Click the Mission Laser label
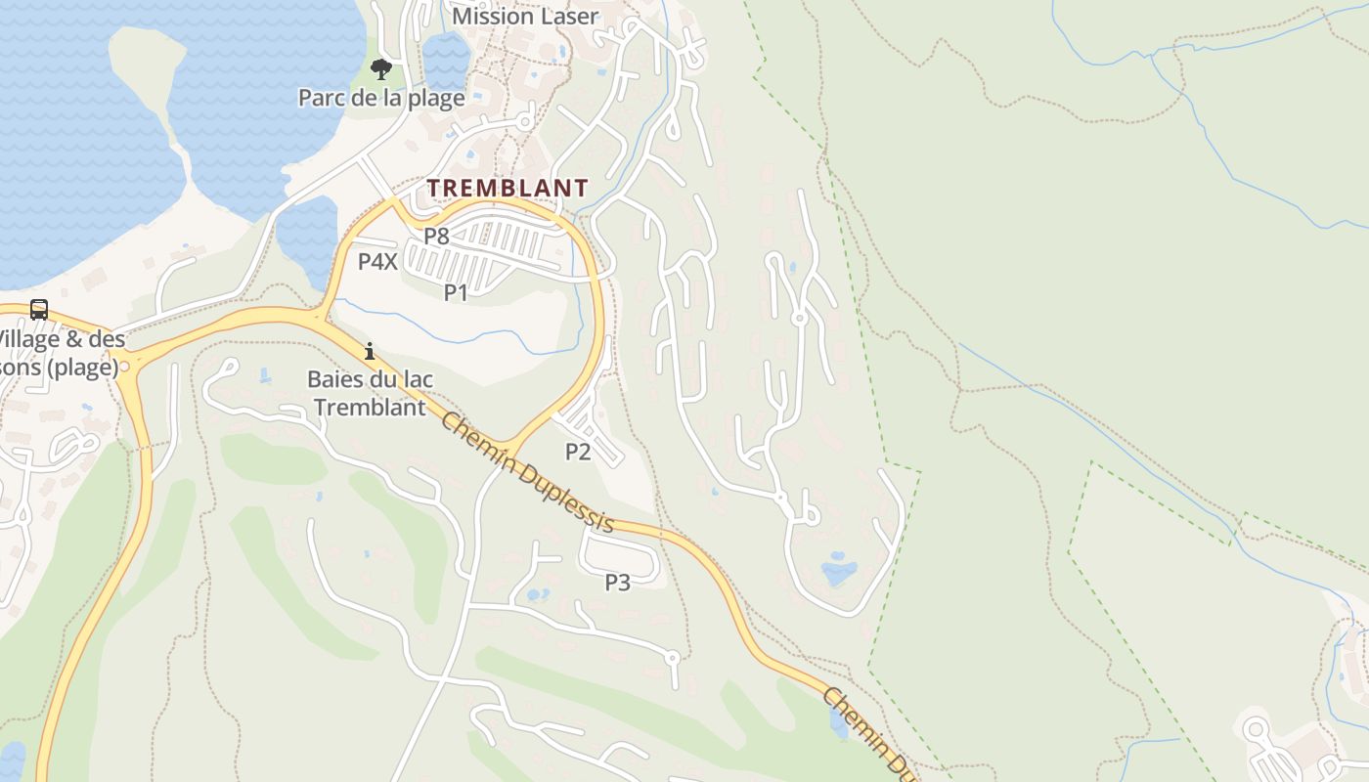coord(525,17)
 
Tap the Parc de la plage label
coord(381,98)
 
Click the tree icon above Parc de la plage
coord(381,69)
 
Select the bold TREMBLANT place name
coord(508,188)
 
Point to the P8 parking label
coord(436,236)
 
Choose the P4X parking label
coord(377,261)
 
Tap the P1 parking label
coord(456,291)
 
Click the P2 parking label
coord(578,451)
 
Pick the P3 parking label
coord(617,583)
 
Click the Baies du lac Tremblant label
coord(370,393)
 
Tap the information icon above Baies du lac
coord(370,351)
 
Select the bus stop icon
coord(39,310)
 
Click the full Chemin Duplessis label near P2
coord(527,471)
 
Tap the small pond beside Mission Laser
coord(446,59)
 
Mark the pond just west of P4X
coord(307,235)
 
